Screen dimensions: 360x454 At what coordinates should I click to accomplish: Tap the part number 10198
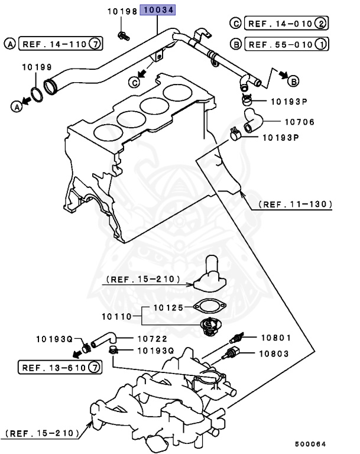121,12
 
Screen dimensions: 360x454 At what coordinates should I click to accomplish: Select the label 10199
37,67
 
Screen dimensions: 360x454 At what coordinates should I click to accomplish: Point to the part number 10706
300,122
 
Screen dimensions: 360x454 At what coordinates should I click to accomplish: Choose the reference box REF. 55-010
280,44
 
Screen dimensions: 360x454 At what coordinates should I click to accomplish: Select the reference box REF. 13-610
53,368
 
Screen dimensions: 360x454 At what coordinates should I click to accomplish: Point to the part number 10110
116,317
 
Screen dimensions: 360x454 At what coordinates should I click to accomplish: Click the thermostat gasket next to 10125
207,307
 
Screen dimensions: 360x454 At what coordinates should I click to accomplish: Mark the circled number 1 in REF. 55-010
321,44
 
